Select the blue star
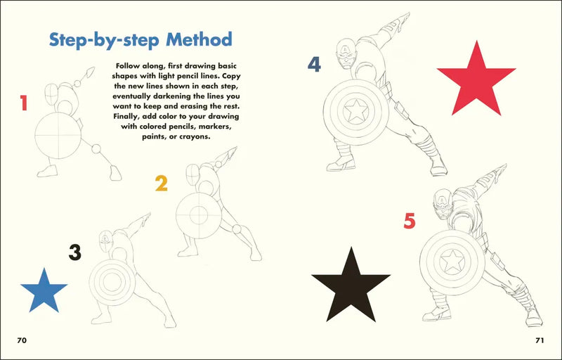click(x=44, y=292)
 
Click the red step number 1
click(x=24, y=104)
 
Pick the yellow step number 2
click(x=162, y=184)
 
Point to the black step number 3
click(x=74, y=252)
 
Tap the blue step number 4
click(x=314, y=65)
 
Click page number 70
click(x=22, y=340)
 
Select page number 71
click(x=540, y=340)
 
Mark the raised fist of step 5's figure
click(x=500, y=170)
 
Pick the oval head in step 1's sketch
click(x=52, y=94)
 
